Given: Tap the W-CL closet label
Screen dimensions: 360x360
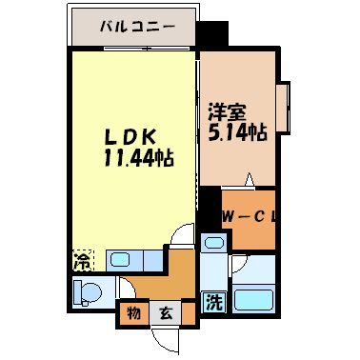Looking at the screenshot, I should pos(249,217).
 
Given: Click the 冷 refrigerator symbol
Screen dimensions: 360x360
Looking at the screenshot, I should pos(83,259).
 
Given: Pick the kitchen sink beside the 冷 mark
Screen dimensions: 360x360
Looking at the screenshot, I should pos(121,258).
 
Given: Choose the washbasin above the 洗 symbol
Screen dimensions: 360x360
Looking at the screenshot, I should pos(214,247).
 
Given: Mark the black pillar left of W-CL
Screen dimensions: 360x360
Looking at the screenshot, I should pos(210,205).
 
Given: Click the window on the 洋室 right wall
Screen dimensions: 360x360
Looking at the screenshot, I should pos(282,112).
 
